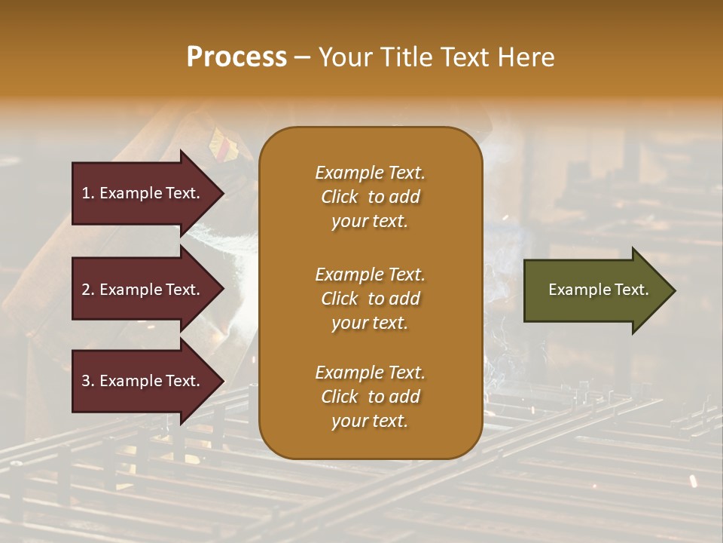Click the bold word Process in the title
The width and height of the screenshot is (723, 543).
(x=236, y=57)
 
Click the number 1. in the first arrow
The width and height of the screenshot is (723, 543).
(x=87, y=193)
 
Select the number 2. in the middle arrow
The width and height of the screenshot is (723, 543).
(x=87, y=290)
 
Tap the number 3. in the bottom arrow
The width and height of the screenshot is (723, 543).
(x=87, y=381)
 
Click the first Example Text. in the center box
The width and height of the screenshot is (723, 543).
(x=370, y=173)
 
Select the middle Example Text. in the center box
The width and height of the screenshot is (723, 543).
(x=370, y=274)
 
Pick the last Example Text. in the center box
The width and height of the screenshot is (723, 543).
(x=370, y=373)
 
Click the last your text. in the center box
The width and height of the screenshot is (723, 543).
(x=370, y=422)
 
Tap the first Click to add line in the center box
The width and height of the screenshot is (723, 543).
(x=370, y=198)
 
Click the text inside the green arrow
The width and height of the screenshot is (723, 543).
(x=598, y=290)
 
